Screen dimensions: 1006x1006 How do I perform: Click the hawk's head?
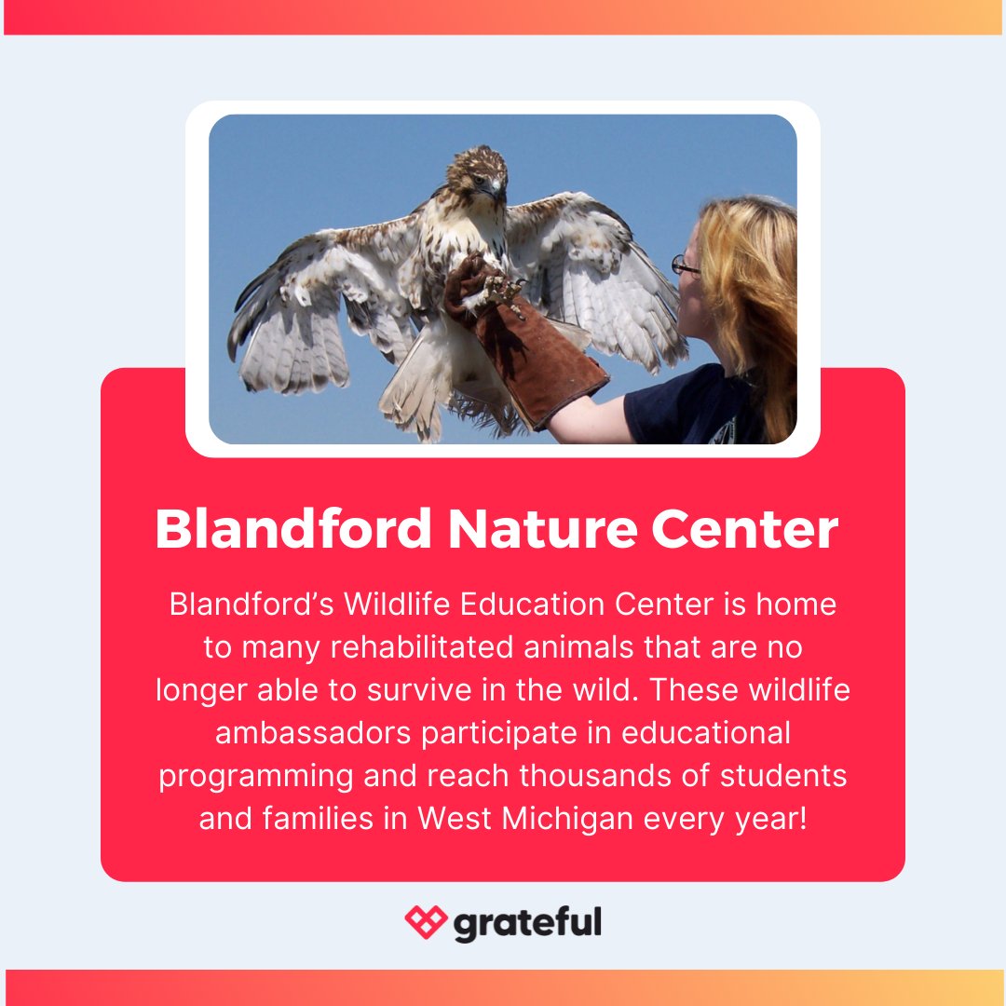click(477, 173)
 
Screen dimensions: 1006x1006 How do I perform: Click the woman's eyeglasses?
click(685, 265)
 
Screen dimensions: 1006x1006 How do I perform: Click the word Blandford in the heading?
click(292, 529)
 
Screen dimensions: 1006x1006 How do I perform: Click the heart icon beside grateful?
click(426, 922)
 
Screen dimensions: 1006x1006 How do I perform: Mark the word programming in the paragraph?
click(255, 776)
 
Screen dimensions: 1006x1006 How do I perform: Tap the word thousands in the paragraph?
click(605, 776)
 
